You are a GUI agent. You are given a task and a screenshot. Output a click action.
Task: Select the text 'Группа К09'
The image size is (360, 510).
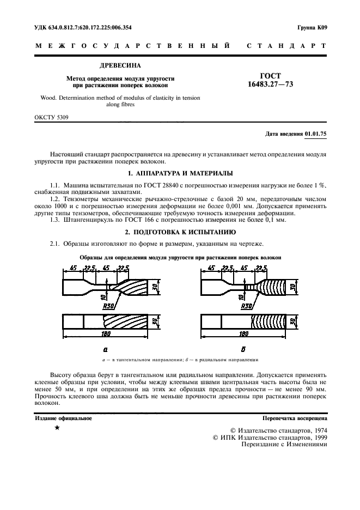[312, 28]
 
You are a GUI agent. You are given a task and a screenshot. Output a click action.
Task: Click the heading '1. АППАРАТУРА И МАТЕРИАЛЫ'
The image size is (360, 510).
[180, 173]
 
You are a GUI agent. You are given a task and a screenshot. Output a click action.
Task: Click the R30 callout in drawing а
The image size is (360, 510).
[109, 306]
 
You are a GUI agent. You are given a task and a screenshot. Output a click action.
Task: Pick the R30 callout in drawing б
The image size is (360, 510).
[247, 306]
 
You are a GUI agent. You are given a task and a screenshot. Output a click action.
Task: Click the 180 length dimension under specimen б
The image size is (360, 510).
[244, 333]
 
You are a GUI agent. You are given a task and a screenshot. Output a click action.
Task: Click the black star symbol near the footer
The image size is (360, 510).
[57, 429]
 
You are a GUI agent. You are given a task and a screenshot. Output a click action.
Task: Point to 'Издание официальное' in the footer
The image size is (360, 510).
[63, 418]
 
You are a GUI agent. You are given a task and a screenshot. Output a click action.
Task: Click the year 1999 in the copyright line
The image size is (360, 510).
[315, 437]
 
